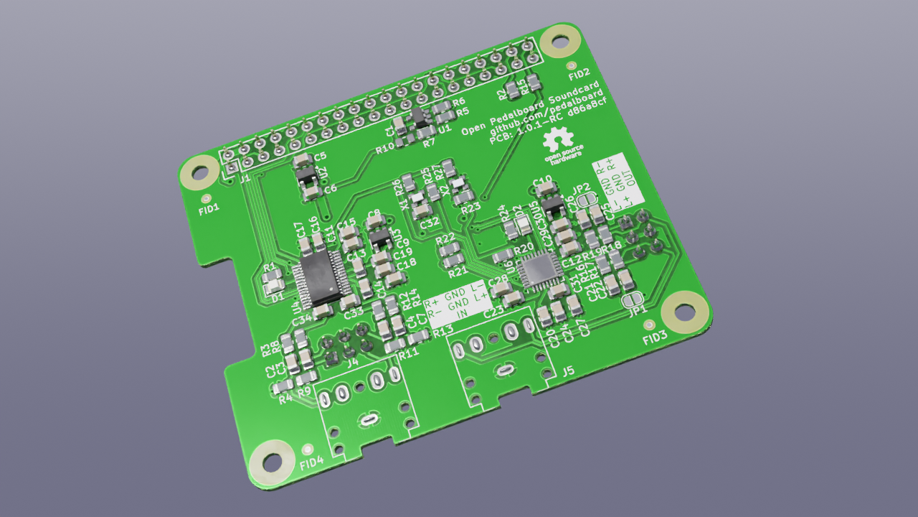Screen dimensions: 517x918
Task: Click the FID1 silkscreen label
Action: coord(209,212)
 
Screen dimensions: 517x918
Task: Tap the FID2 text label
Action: coord(579,73)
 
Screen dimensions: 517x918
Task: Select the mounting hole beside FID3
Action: coord(680,312)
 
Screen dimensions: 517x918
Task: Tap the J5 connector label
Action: coord(568,371)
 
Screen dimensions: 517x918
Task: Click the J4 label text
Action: coord(352,363)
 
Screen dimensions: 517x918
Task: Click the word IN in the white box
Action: coord(463,314)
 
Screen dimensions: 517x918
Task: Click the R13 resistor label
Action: coord(443,330)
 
